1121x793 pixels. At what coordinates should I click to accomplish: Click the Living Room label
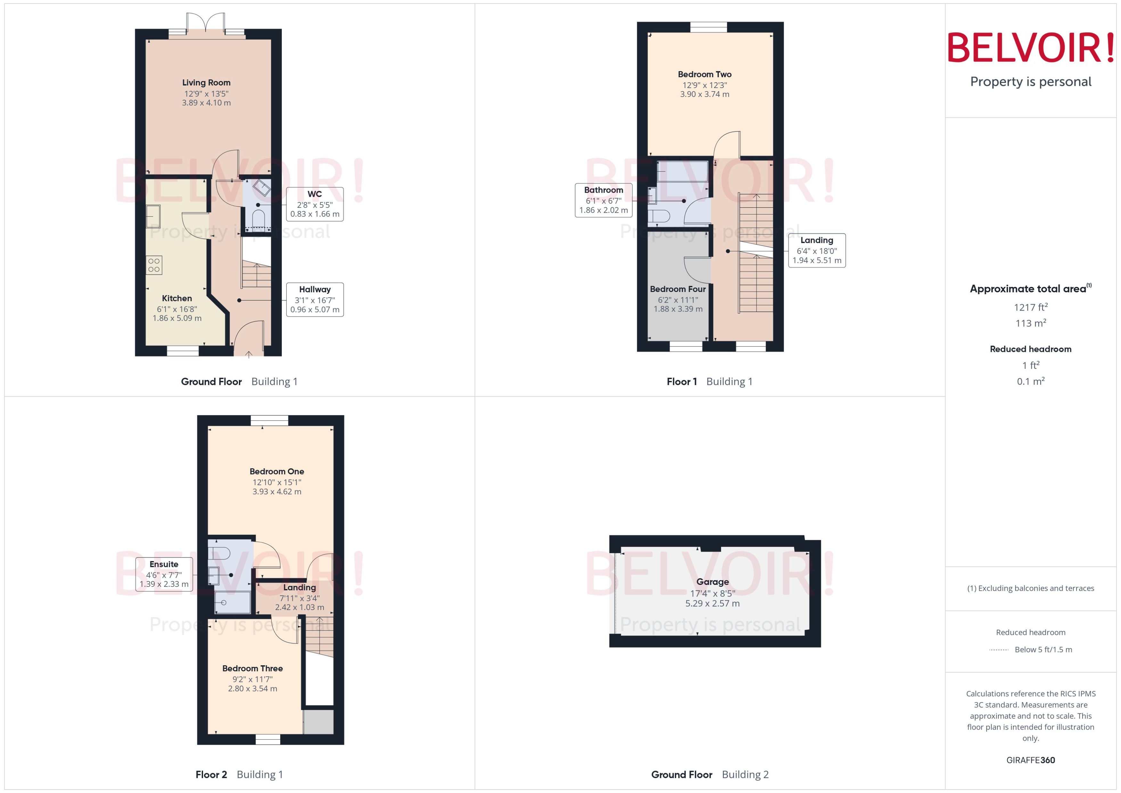coord(206,83)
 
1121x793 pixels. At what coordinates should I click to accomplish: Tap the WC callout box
coord(315,204)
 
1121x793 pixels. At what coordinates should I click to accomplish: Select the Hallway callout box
coord(315,299)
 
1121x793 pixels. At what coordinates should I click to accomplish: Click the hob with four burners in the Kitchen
coord(154,265)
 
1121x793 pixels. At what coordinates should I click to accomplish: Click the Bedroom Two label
coord(704,75)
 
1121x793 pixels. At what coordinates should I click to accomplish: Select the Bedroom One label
coord(276,472)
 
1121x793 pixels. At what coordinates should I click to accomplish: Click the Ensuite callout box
coord(164,574)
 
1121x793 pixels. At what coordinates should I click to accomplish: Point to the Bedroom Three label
coord(252,668)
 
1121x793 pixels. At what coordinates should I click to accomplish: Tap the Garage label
coord(712,582)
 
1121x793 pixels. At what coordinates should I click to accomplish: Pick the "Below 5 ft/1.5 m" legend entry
coord(1043,650)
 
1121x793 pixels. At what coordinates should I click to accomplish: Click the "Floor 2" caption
coord(211,774)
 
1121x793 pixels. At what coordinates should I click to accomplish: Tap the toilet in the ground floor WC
coord(258,217)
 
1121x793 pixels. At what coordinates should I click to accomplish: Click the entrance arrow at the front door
coord(249,354)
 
